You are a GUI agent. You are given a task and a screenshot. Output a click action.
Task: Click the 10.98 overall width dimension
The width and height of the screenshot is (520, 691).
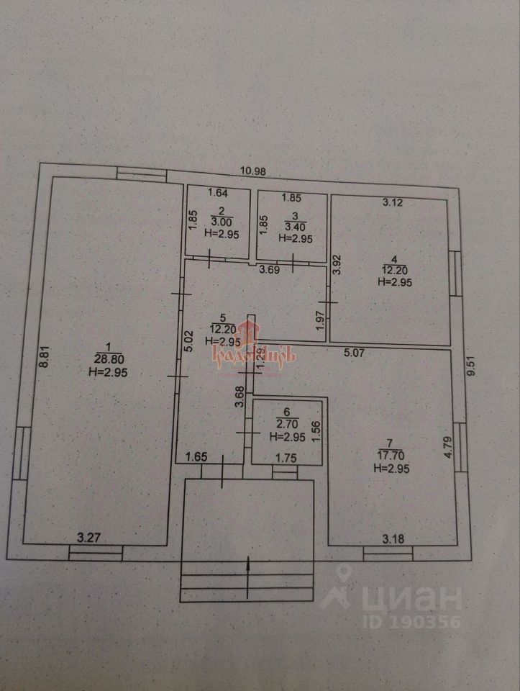click(x=253, y=171)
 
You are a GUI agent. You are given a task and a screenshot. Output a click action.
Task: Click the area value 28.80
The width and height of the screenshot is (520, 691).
click(x=106, y=358)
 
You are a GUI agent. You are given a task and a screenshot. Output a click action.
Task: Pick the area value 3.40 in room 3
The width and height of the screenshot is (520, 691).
click(x=291, y=227)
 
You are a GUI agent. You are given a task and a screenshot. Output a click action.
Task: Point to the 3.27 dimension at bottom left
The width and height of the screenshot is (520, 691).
click(x=88, y=536)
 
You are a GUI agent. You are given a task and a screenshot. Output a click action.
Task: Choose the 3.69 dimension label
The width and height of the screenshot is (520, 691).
click(x=269, y=270)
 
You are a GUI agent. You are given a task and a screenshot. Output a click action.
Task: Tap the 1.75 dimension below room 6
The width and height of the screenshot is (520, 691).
click(x=286, y=456)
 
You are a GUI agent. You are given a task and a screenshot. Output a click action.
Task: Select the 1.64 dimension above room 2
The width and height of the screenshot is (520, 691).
click(x=217, y=192)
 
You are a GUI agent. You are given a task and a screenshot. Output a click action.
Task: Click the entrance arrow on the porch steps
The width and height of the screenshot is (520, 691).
click(x=247, y=576)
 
